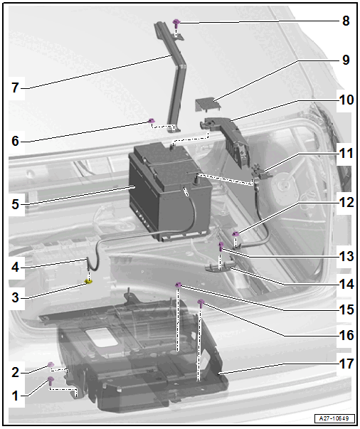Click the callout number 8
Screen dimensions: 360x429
tap(346, 21)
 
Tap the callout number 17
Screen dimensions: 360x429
tap(346, 364)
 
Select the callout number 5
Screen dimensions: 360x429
tap(16, 204)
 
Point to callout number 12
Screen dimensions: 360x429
tap(346, 203)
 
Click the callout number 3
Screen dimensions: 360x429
tap(16, 297)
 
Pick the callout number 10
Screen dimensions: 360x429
tap(346, 100)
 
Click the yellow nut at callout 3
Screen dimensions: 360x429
tap(89, 281)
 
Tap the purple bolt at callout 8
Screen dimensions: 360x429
tap(176, 23)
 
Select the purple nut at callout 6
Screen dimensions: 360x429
tap(151, 121)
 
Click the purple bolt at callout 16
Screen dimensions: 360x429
tap(201, 303)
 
